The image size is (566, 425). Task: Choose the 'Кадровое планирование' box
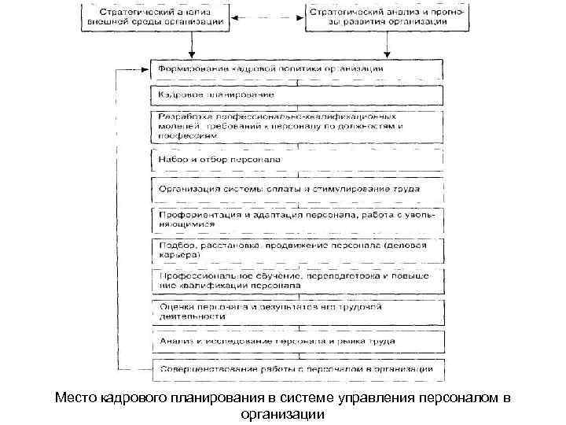pyautogui.click(x=297, y=96)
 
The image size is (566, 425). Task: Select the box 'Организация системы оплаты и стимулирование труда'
pyautogui.click(x=297, y=189)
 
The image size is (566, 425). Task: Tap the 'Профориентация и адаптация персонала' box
pyautogui.click(x=297, y=220)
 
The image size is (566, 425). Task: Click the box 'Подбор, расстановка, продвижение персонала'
pyautogui.click(x=297, y=250)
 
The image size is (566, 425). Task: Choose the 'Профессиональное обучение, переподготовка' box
pyautogui.click(x=297, y=280)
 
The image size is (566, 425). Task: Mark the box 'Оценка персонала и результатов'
pyautogui.click(x=297, y=311)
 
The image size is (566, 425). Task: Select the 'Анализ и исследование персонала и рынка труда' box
pyautogui.click(x=297, y=342)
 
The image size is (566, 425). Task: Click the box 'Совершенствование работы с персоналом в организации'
pyautogui.click(x=297, y=368)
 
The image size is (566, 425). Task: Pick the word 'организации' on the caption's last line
pyautogui.click(x=283, y=414)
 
